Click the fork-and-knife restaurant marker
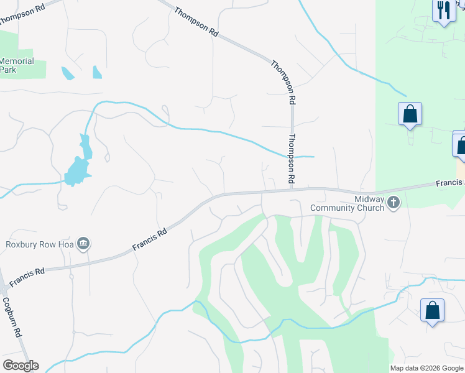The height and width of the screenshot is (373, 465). pyautogui.click(x=443, y=10)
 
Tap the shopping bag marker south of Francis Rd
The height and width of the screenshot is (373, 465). pyautogui.click(x=432, y=310)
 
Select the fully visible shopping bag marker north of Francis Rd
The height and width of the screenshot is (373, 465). pyautogui.click(x=410, y=114)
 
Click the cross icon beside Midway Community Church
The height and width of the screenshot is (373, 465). pyautogui.click(x=393, y=202)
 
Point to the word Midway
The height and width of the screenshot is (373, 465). pyautogui.click(x=367, y=198)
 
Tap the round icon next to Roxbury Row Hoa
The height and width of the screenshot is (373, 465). pyautogui.click(x=83, y=243)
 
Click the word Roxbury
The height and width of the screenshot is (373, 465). pyautogui.click(x=24, y=244)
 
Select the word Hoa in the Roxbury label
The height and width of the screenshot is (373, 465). pyautogui.click(x=65, y=244)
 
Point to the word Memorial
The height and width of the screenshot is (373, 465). pyautogui.click(x=17, y=62)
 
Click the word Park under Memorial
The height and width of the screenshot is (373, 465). pyautogui.click(x=8, y=70)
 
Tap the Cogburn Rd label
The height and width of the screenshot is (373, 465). pyautogui.click(x=12, y=316)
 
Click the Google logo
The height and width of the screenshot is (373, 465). pyautogui.click(x=21, y=366)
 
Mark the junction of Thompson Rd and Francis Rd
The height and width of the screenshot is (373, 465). pyautogui.click(x=291, y=189)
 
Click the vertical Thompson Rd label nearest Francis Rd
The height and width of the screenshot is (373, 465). pyautogui.click(x=290, y=159)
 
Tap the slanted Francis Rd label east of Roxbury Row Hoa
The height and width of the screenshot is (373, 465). pyautogui.click(x=150, y=239)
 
